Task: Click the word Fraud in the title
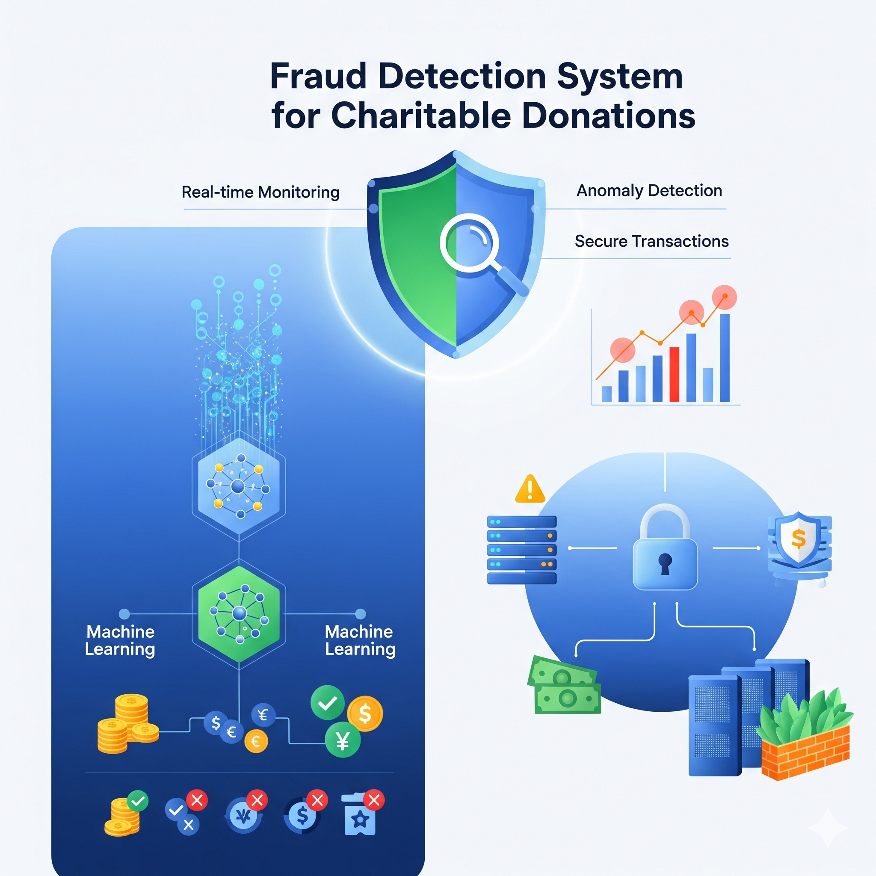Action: tap(318, 76)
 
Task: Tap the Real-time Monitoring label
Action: tap(260, 192)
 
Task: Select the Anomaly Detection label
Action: tap(649, 190)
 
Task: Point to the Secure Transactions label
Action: tap(651, 241)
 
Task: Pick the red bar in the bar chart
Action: tap(674, 375)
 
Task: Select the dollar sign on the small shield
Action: tap(798, 539)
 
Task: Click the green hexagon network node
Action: tap(239, 614)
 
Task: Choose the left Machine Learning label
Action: tap(120, 640)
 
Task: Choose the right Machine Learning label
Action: tap(360, 640)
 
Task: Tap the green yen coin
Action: tap(343, 740)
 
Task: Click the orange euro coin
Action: tap(256, 741)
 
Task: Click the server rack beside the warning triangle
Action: tap(521, 550)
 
